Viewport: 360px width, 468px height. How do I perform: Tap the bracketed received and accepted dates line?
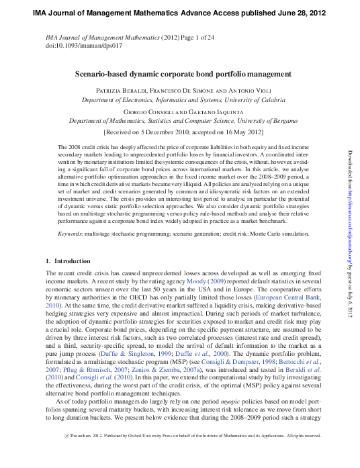coord(179,133)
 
